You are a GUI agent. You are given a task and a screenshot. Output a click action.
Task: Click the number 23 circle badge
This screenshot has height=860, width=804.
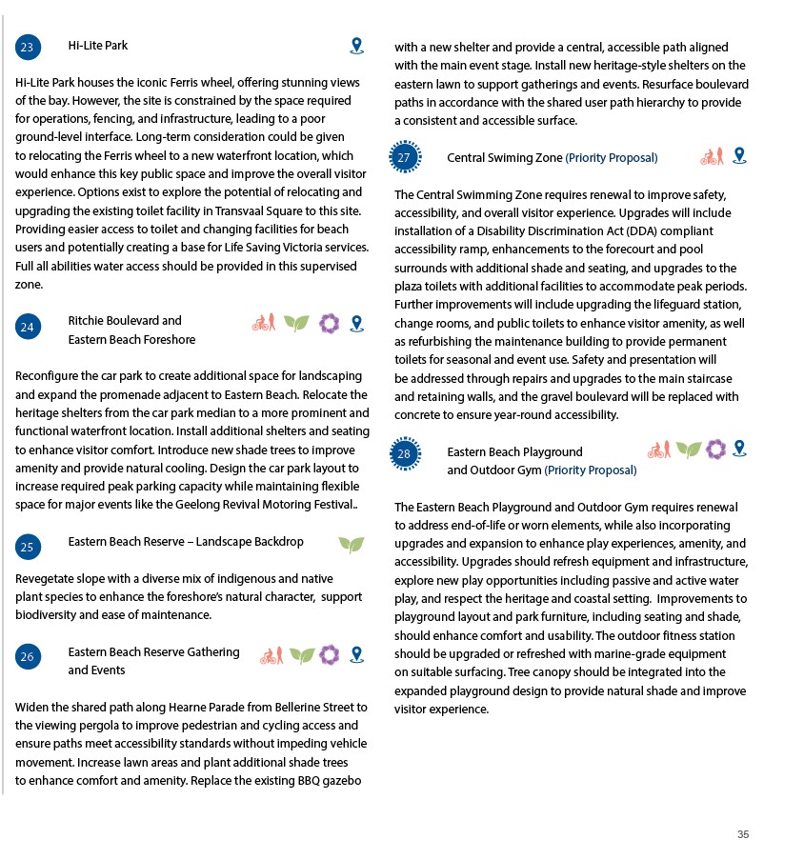tap(28, 48)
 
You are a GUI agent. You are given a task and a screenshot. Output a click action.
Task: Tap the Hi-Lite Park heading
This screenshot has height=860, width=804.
tap(97, 46)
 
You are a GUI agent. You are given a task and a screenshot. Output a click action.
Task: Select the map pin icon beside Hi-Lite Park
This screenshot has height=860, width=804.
tap(356, 46)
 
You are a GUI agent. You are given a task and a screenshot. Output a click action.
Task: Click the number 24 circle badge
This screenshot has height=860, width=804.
tap(28, 327)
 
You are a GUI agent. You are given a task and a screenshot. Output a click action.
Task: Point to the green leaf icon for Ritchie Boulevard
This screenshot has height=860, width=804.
tap(296, 323)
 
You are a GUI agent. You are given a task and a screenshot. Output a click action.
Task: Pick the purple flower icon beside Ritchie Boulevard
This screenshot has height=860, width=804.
tap(330, 323)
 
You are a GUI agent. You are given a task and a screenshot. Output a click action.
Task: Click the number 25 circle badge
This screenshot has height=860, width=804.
tap(28, 547)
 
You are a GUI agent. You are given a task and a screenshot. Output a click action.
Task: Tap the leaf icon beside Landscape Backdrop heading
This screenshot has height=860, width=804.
tap(351, 544)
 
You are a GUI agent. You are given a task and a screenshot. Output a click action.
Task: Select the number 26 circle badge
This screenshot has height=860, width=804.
tap(28, 656)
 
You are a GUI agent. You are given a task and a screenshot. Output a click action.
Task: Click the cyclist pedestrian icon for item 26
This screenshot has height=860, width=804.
tap(271, 655)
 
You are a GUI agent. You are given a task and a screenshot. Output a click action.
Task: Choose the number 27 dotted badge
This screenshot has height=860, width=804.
tap(405, 157)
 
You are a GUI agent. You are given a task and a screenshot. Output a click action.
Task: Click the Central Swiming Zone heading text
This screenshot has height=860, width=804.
tap(504, 158)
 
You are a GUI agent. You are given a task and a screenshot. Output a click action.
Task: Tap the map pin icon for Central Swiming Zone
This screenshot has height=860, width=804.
tap(739, 155)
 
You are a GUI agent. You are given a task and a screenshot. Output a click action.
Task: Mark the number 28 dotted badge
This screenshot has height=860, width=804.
tap(405, 454)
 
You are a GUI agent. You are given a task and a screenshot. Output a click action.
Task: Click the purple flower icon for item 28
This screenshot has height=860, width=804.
tap(715, 449)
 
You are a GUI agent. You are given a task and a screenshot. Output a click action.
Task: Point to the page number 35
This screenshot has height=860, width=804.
tap(743, 834)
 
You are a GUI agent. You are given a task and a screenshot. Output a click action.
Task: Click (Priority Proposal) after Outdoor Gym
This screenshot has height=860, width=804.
tap(591, 470)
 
